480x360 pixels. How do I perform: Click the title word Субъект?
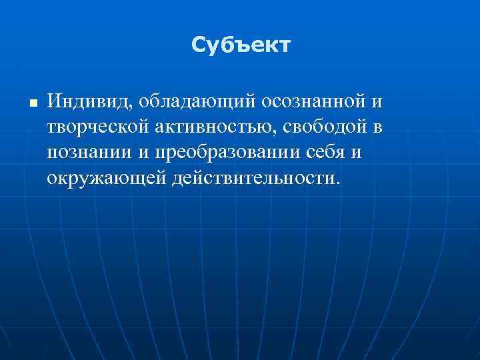(241, 45)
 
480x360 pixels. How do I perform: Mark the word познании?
(90, 153)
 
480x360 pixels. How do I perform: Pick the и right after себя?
(358, 153)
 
